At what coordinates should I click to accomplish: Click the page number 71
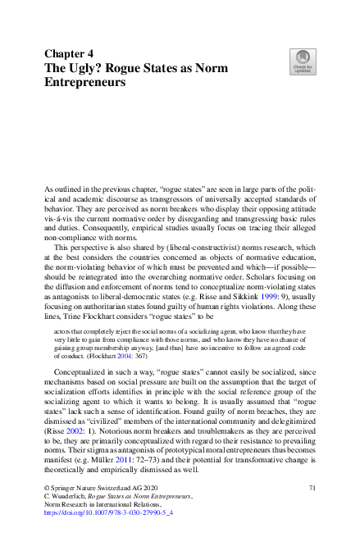coord(312,489)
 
